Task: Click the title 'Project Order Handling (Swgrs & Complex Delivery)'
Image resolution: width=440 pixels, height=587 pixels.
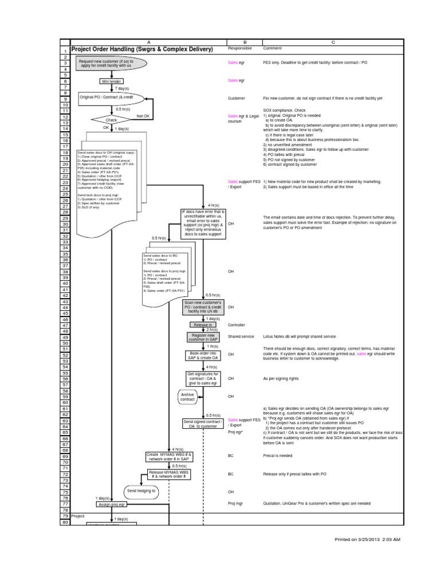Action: pos(142,49)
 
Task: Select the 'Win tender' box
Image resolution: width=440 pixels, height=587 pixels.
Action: pos(112,81)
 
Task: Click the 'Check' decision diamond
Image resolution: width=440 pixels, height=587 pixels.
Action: pos(111,120)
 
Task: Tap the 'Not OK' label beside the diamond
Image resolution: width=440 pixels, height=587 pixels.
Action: pos(143,115)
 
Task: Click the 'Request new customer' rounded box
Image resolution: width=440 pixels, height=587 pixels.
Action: pos(112,62)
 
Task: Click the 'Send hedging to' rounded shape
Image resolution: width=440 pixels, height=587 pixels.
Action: pos(141,491)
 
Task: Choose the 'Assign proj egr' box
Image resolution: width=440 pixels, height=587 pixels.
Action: pos(111,504)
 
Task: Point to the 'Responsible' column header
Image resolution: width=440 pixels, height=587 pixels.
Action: pos(239,49)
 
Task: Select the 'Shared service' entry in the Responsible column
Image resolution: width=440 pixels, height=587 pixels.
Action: pos(241,336)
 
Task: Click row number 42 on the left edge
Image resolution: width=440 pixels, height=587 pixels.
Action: pos(65,295)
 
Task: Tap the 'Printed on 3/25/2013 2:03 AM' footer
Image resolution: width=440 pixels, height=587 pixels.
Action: pos(368,539)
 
